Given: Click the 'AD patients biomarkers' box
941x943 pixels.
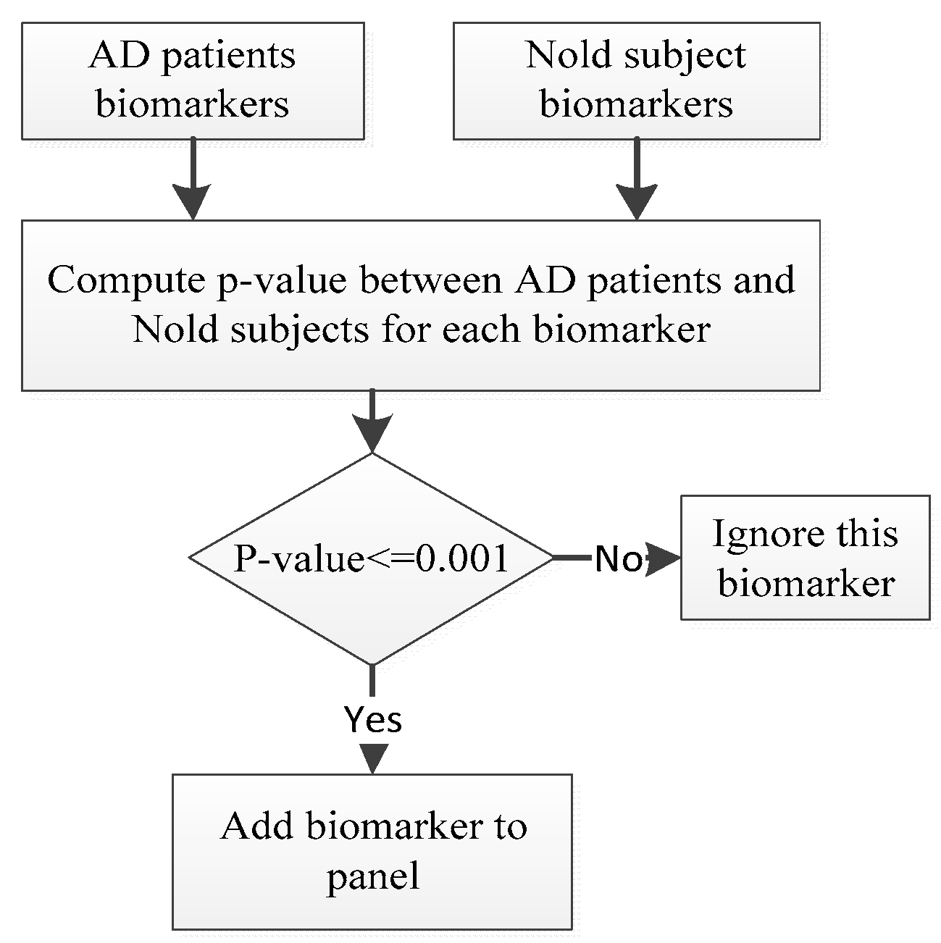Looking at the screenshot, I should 192,80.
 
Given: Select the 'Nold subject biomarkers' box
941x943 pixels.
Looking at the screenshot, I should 636,80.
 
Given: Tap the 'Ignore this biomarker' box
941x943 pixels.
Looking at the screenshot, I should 805,558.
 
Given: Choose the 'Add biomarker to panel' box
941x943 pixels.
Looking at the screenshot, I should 372,851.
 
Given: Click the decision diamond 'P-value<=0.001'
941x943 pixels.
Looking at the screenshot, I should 372,558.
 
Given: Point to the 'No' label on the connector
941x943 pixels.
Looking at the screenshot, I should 618,559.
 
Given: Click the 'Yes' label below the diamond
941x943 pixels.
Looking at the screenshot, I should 373,719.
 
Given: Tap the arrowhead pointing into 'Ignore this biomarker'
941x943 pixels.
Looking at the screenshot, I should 663,558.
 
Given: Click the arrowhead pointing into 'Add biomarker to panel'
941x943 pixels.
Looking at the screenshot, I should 373,758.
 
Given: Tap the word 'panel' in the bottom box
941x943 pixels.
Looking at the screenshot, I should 373,876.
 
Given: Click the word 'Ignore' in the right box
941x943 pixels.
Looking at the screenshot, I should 758,534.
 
